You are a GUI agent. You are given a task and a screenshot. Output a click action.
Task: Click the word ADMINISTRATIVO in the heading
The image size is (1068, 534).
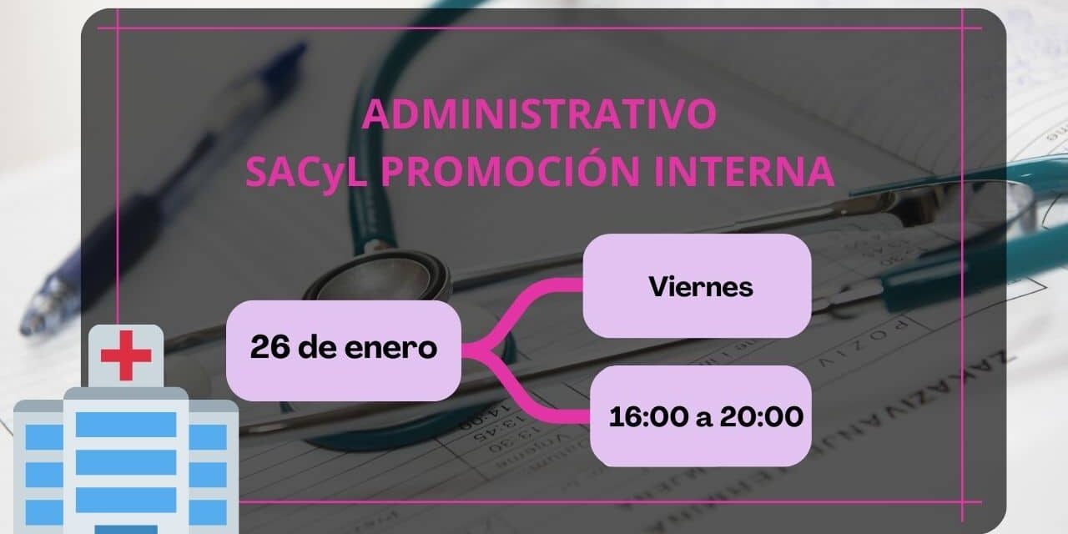click(x=538, y=114)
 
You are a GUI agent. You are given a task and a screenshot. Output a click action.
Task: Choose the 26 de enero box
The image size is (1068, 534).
click(x=343, y=349)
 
